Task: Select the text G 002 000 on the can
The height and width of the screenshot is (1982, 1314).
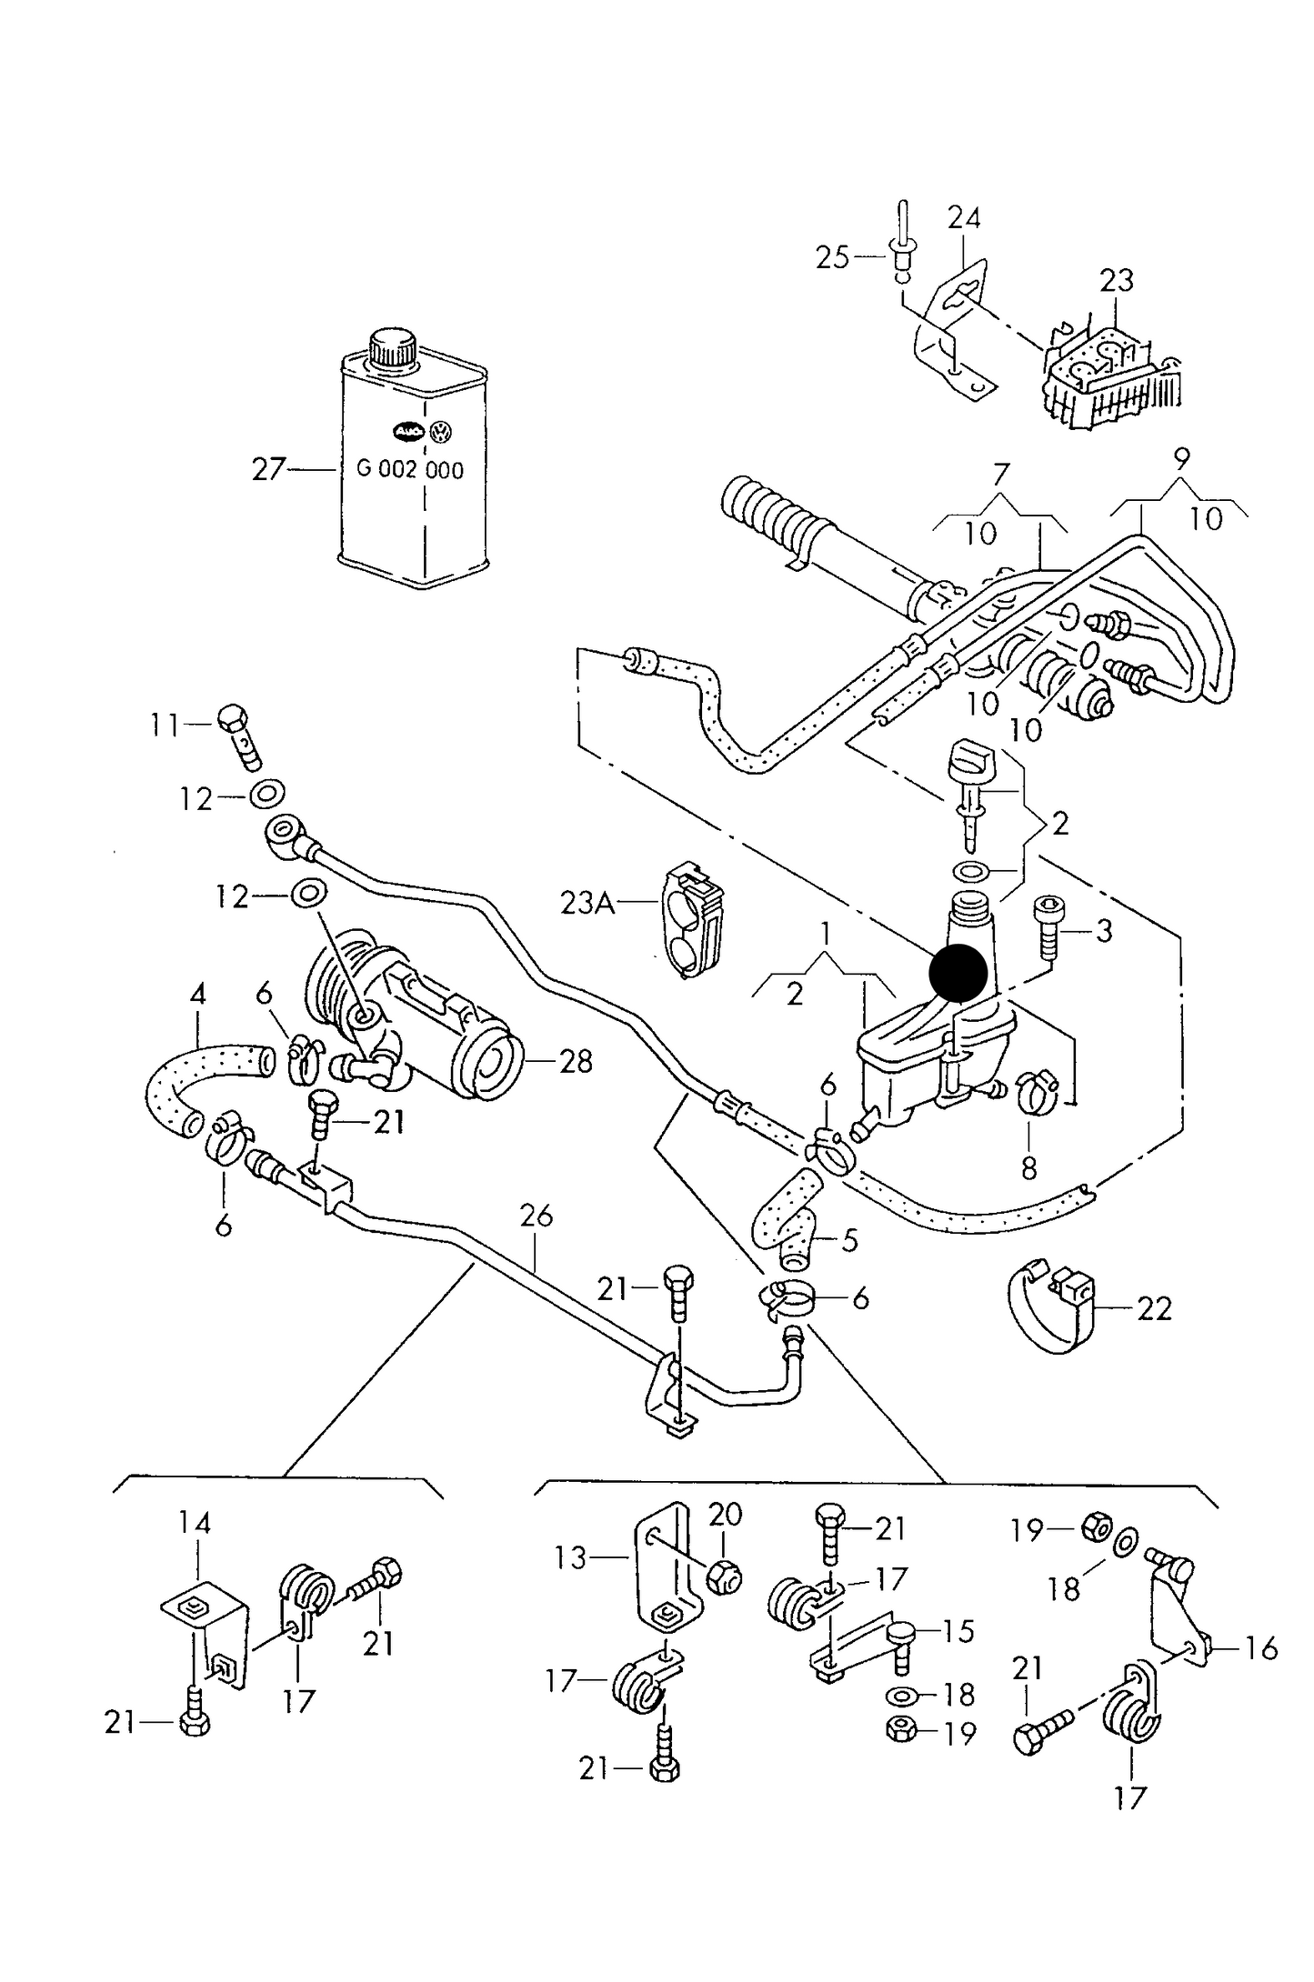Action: (x=410, y=470)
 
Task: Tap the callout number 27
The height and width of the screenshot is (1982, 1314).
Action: (x=268, y=470)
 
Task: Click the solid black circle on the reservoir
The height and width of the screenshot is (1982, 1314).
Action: (x=958, y=973)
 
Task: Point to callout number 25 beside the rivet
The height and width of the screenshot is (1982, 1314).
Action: (x=831, y=258)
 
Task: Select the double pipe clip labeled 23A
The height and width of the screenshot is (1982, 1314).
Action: (x=693, y=918)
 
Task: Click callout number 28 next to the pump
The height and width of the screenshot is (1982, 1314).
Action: (x=576, y=1061)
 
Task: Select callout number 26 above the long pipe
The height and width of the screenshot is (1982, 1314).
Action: (x=537, y=1216)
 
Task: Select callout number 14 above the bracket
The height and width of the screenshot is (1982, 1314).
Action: (x=195, y=1523)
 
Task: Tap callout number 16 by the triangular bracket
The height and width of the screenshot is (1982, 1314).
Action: (x=1260, y=1647)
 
